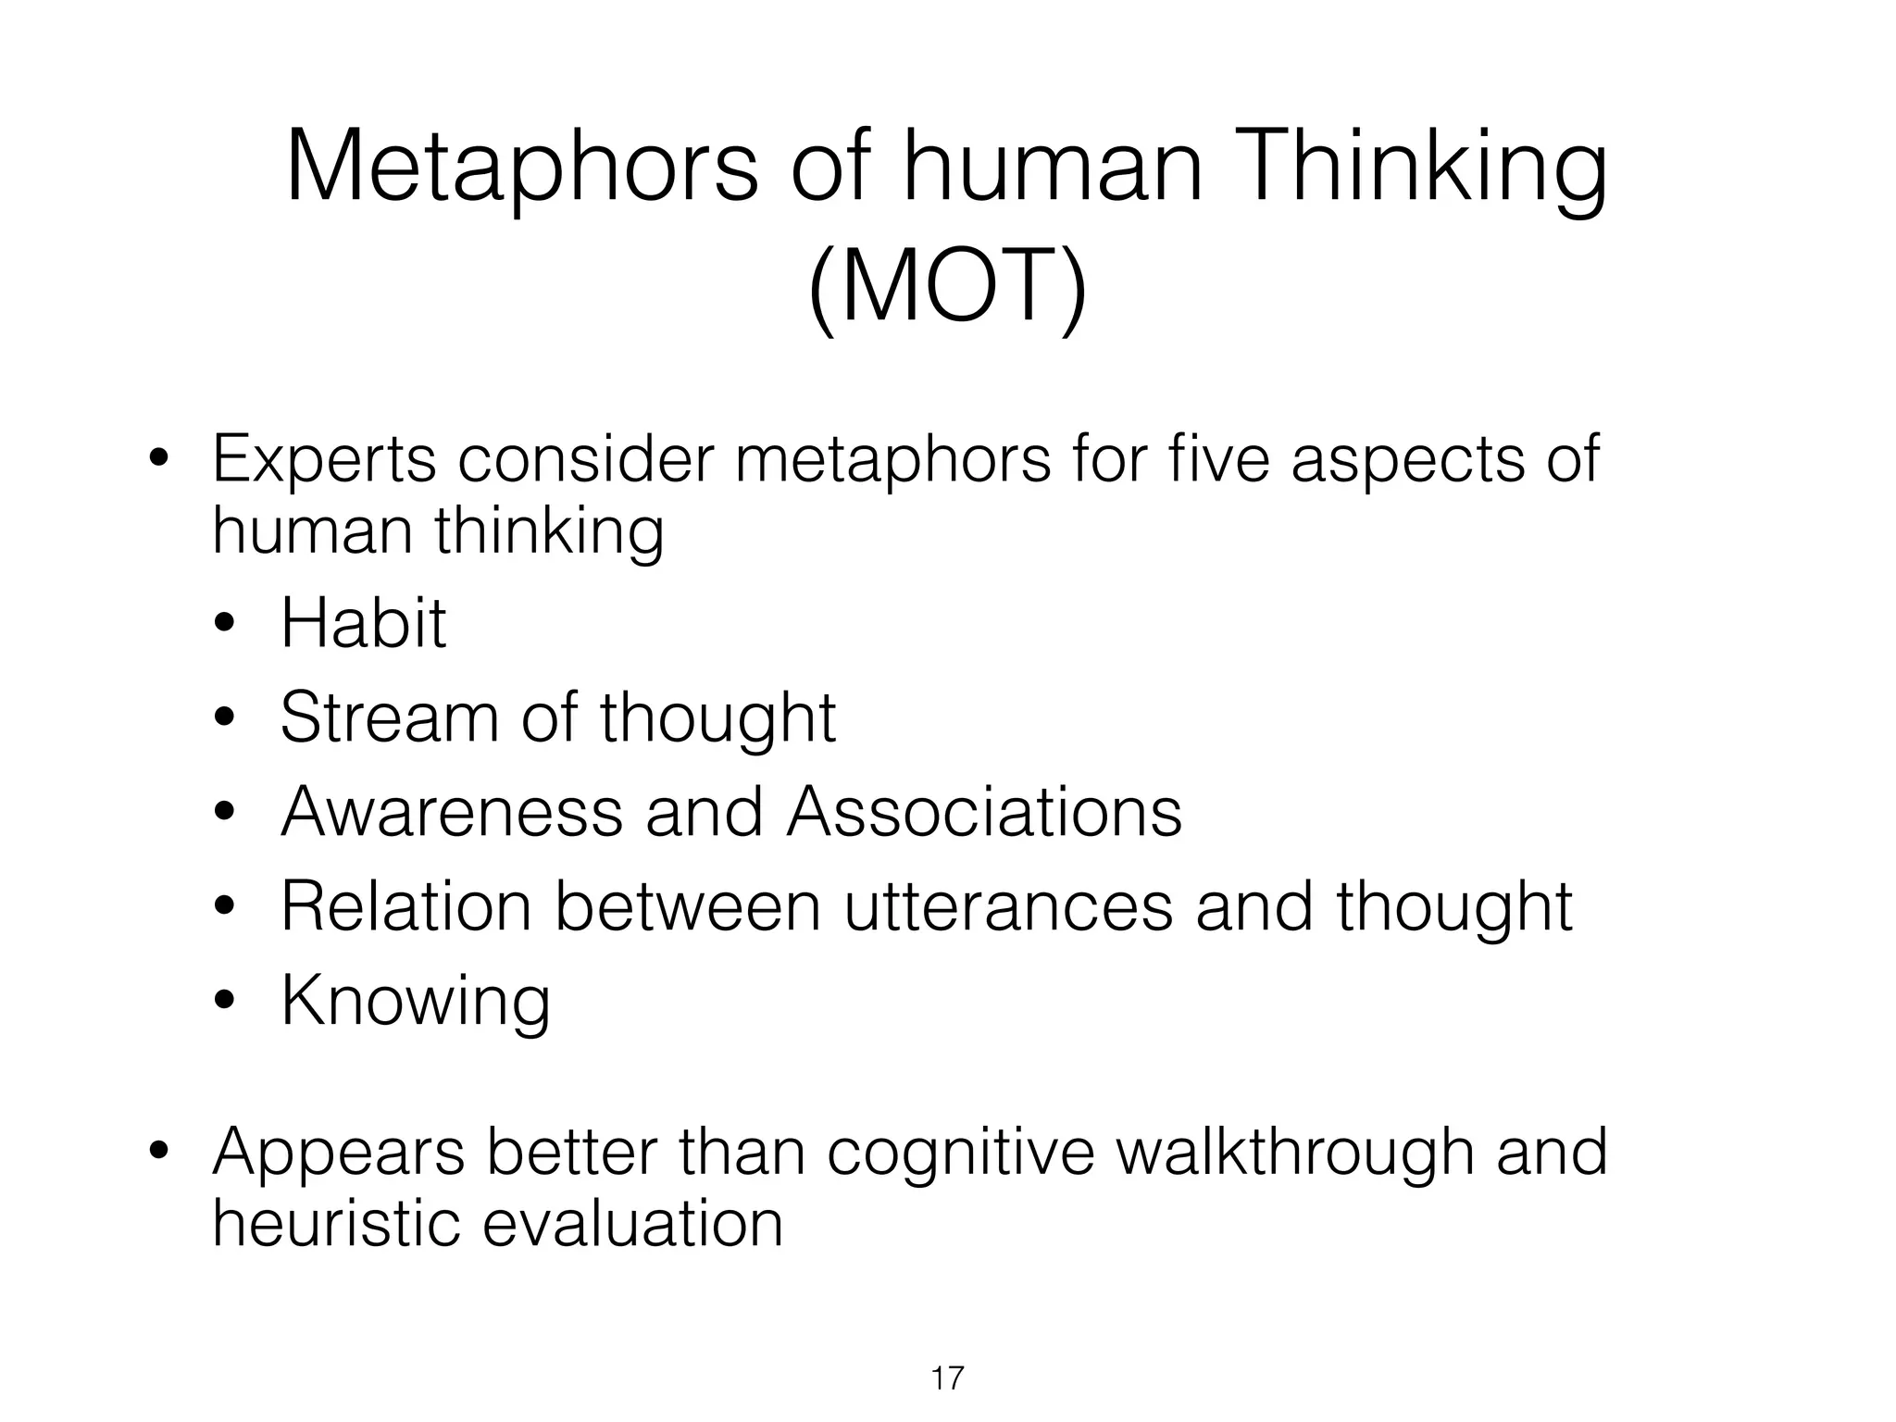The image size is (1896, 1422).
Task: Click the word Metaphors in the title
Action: click(x=522, y=167)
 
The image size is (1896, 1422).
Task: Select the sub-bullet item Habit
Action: click(x=363, y=623)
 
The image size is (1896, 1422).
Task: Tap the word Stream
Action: click(x=389, y=717)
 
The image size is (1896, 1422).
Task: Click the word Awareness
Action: click(x=451, y=812)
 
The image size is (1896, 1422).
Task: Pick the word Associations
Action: click(x=984, y=812)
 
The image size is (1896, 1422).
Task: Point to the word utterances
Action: click(x=1007, y=906)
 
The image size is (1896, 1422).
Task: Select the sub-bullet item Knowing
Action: click(x=416, y=1002)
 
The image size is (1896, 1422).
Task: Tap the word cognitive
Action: click(x=960, y=1154)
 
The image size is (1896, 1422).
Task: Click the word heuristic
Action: click(x=336, y=1224)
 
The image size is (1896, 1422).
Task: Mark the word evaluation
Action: click(x=633, y=1224)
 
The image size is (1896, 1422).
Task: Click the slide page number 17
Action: click(x=947, y=1378)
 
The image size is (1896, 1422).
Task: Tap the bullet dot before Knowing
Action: click(x=225, y=1002)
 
